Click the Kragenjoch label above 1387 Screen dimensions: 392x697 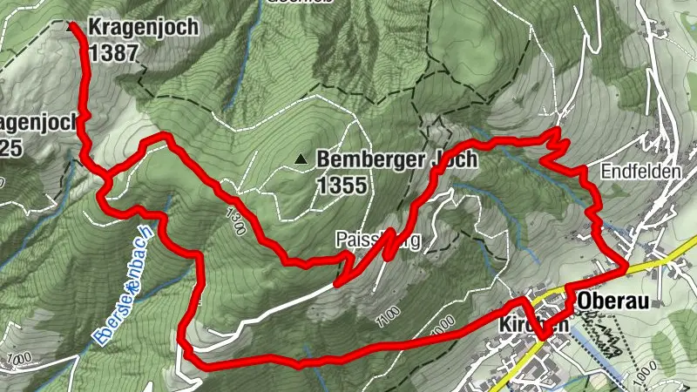(x=143, y=27)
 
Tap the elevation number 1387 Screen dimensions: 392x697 (x=114, y=53)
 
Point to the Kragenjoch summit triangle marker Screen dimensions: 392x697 (x=72, y=26)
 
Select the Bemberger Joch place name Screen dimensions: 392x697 (x=396, y=160)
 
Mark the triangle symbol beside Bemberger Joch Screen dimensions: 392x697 (x=301, y=159)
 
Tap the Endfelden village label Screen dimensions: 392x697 (x=640, y=172)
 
